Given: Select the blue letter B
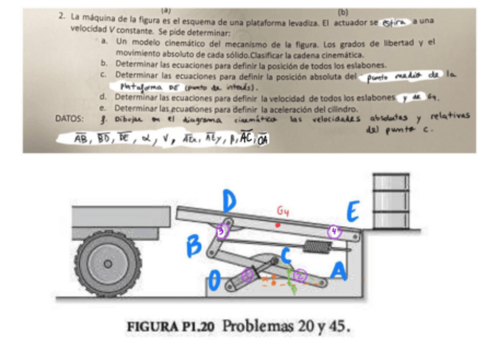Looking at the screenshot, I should tap(195, 246).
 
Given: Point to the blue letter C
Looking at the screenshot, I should tap(287, 255).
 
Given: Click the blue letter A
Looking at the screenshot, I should tap(338, 271).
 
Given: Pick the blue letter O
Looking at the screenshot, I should tap(216, 282).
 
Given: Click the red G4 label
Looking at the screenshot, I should tap(283, 210).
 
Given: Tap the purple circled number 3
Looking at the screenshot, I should tap(221, 231).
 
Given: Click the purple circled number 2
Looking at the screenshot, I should tap(301, 275).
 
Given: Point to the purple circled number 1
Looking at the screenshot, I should tap(248, 274).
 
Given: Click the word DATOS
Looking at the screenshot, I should tap(68, 118).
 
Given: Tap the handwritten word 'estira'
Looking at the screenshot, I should tap(393, 22).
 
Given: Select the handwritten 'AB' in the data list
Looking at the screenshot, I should tap(80, 139).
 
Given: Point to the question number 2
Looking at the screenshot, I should tap(62, 16).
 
